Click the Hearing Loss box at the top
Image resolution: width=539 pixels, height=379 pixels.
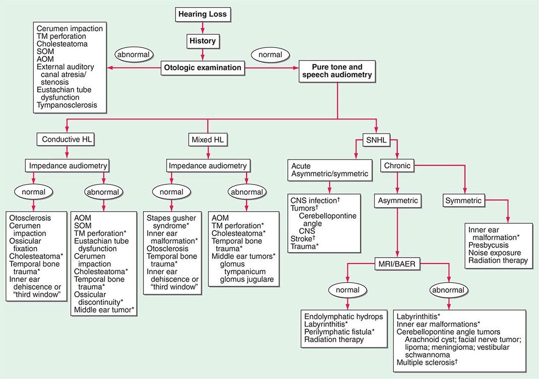pyautogui.click(x=203, y=15)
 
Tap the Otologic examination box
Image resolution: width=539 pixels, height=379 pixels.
pyautogui.click(x=202, y=67)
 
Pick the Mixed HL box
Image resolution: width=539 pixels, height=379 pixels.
pyautogui.click(x=208, y=139)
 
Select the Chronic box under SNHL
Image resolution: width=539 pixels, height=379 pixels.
pyautogui.click(x=398, y=166)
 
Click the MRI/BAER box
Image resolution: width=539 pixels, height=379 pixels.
pyautogui.click(x=399, y=263)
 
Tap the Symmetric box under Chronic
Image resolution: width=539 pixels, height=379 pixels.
pyautogui.click(x=464, y=201)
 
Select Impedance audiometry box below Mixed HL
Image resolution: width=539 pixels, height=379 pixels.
pyautogui.click(x=207, y=165)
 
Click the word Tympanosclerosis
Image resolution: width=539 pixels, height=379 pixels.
pyautogui.click(x=66, y=106)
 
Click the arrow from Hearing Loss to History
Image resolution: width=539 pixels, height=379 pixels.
pyautogui.click(x=202, y=28)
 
